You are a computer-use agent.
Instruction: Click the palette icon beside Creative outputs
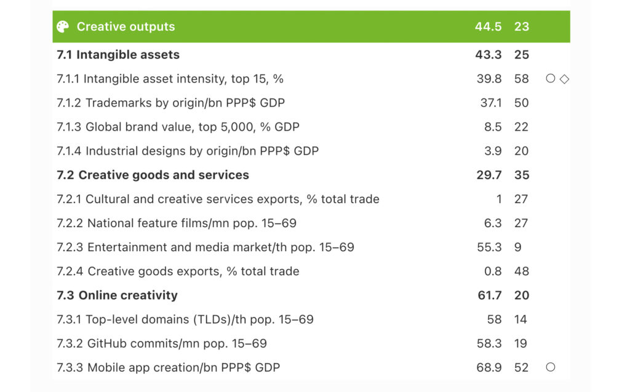click(63, 26)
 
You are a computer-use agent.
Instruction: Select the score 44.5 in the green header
click(488, 26)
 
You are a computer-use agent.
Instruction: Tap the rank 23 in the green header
click(522, 26)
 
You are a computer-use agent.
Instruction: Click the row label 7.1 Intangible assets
click(118, 55)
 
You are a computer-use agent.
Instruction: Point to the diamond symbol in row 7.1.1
click(565, 79)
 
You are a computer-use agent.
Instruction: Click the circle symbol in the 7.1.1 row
click(550, 79)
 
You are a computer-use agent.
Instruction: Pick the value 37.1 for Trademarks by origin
click(491, 103)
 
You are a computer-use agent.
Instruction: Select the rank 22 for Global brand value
click(522, 127)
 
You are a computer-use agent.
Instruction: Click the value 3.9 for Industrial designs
click(493, 151)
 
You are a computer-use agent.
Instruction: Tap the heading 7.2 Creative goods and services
click(153, 175)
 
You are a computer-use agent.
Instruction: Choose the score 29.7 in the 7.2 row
click(489, 175)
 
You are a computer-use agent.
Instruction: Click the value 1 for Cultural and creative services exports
click(498, 199)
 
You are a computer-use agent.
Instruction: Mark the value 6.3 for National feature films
click(493, 223)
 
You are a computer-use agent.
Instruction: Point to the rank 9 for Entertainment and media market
click(518, 247)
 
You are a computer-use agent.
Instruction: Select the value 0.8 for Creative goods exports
click(493, 271)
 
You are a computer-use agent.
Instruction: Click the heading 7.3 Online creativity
click(117, 295)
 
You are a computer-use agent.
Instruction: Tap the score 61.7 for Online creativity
click(490, 295)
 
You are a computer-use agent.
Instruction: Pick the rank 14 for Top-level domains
click(522, 319)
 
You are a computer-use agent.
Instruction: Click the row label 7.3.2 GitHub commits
click(162, 343)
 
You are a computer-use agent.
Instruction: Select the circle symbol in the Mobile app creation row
click(550, 367)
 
